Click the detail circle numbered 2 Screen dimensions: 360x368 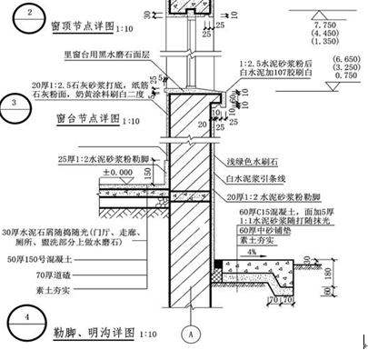click(27, 14)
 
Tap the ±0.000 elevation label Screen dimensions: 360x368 click(116, 173)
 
